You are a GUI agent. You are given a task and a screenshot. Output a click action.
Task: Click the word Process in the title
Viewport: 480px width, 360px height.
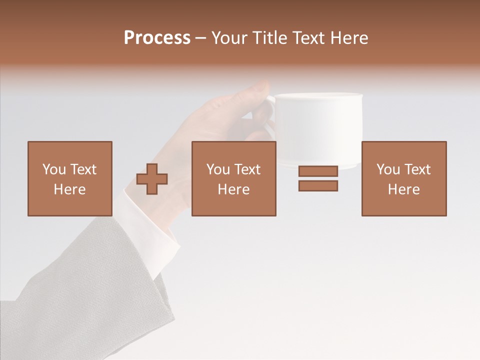click(157, 38)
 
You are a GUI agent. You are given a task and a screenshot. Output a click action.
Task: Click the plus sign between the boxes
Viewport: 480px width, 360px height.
click(152, 179)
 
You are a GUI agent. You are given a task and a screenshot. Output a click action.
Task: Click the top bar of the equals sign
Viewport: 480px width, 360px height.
click(318, 171)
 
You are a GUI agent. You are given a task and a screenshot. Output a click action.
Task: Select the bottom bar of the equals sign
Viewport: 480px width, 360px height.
click(318, 186)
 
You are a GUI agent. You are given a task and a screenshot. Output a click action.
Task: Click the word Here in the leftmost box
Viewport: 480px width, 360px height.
click(69, 189)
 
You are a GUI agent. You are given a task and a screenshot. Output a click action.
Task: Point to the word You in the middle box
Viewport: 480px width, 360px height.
click(218, 169)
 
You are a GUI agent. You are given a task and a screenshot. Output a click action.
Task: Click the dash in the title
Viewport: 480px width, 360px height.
click(200, 38)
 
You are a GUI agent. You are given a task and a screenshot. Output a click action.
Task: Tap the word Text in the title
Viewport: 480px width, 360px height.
click(306, 38)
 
